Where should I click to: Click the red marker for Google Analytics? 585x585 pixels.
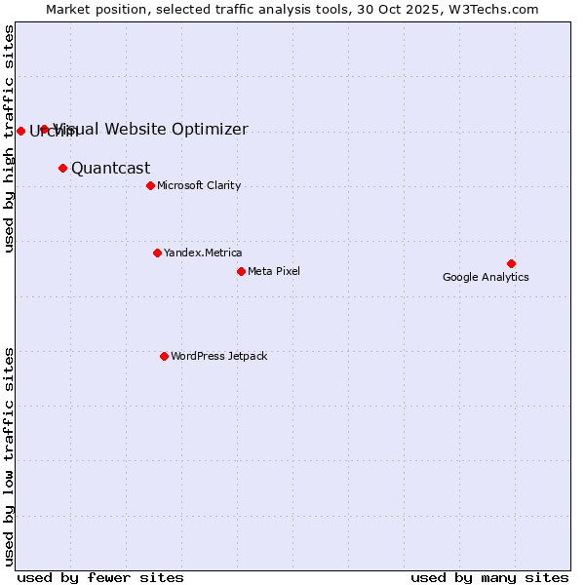[x=511, y=263]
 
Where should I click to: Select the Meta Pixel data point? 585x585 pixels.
[x=241, y=271]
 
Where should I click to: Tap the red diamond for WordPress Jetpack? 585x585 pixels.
[x=164, y=356]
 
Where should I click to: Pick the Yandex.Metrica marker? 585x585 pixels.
[x=157, y=253]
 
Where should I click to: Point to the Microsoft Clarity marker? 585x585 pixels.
[x=150, y=185]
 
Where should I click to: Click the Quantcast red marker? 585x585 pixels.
[x=62, y=168]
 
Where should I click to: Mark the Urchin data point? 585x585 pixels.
[x=20, y=131]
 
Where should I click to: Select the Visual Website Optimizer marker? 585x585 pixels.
[x=44, y=129]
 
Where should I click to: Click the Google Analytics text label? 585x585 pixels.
[x=486, y=277]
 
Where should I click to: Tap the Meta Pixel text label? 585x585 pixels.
[x=274, y=271]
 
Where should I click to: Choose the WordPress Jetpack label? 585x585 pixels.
[x=218, y=356]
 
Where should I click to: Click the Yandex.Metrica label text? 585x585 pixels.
[x=203, y=253]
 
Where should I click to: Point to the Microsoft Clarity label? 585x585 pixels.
[x=199, y=185]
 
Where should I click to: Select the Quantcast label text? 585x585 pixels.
[x=110, y=168]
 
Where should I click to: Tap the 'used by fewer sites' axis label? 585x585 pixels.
[x=100, y=577]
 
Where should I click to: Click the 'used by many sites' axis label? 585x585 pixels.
[x=489, y=577]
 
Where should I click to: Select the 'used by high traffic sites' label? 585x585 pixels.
[x=9, y=138]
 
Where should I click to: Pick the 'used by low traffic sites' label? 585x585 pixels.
[x=9, y=455]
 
